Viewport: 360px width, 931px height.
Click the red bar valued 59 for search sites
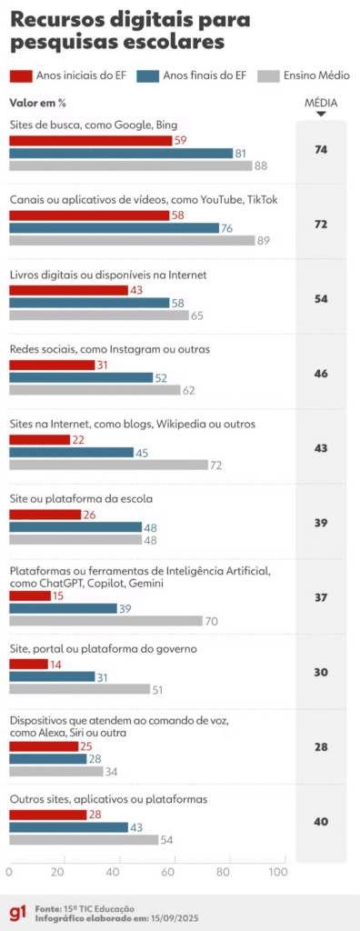pos(91,141)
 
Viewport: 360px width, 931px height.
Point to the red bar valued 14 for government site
pos(28,665)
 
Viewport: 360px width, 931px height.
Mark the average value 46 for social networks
pos(320,373)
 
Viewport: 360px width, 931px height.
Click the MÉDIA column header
pos(320,104)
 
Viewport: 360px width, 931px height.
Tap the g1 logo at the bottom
pos(17,911)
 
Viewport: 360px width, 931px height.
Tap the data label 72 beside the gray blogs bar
pos(216,465)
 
